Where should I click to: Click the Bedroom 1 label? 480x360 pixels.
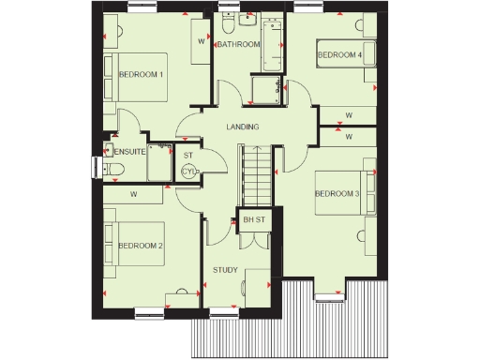point(142,73)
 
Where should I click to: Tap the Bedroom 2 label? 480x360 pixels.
point(142,246)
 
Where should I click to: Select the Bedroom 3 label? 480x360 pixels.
point(337,194)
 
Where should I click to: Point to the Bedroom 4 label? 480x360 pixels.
point(339,55)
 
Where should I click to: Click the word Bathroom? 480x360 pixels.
point(238,44)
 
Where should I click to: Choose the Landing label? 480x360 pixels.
point(243,127)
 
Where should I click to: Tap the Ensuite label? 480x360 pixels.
point(129,150)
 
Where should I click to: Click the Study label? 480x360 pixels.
point(225,270)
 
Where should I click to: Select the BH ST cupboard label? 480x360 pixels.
point(254,220)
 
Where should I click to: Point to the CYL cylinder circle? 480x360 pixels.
point(188,172)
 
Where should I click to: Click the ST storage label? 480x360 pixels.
point(188,155)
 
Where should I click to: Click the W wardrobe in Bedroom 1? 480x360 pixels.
point(202,42)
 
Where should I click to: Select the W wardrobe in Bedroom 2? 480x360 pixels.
point(134,194)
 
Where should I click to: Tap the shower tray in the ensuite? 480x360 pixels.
point(160,162)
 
